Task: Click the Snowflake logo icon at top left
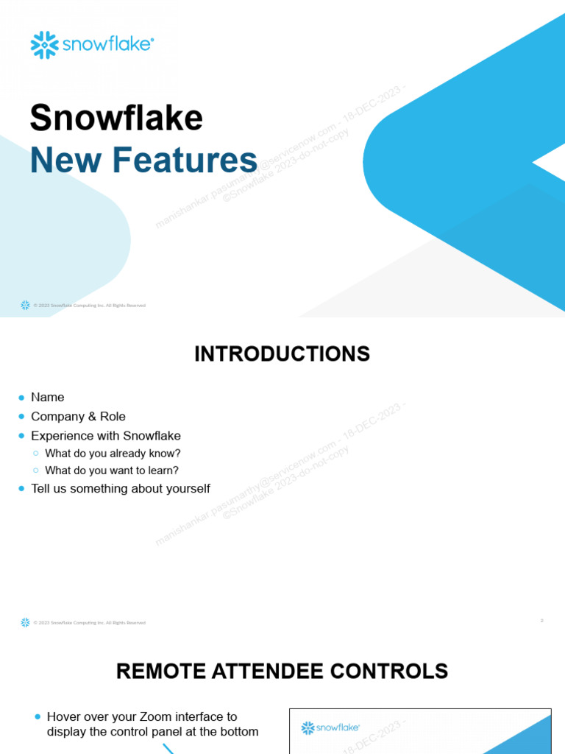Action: [x=44, y=45]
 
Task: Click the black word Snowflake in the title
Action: [x=116, y=118]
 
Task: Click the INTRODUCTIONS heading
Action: [x=282, y=354]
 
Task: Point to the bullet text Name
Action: [x=47, y=398]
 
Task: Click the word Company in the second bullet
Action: [x=58, y=417]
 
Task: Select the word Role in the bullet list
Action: [x=113, y=417]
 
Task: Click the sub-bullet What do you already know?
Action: [x=113, y=454]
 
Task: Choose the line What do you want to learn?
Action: [x=112, y=471]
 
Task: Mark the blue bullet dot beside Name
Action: [x=22, y=398]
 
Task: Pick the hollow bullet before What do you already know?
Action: [x=35, y=454]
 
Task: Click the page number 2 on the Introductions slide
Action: [x=542, y=621]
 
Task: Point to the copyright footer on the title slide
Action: [x=89, y=306]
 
